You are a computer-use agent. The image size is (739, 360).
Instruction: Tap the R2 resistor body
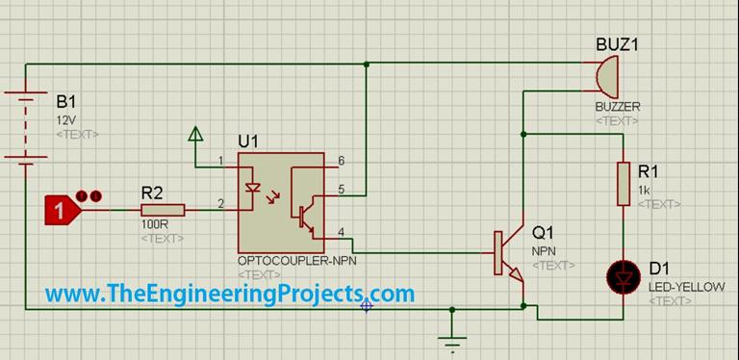click(x=162, y=209)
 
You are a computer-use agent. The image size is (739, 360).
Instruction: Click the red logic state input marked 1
click(x=63, y=209)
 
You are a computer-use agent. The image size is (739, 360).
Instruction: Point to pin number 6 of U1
click(x=342, y=160)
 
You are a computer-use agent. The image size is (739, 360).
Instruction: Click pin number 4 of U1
click(x=342, y=229)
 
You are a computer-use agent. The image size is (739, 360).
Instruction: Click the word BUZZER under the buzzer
click(x=617, y=106)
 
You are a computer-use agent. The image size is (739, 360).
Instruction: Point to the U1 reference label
click(x=248, y=141)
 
